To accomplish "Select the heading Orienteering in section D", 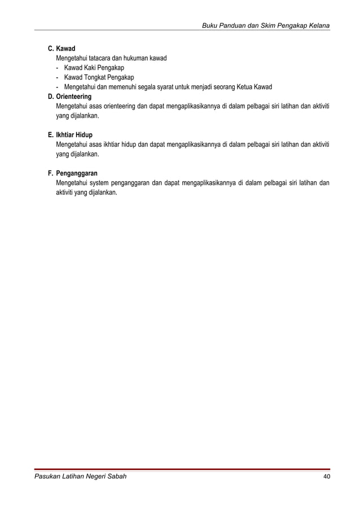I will click(74, 97).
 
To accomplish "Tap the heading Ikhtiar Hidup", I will click(74, 136).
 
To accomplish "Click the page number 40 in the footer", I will click(326, 477).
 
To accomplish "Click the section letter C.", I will click(50, 49).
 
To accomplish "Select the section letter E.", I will click(50, 136).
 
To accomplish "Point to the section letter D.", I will click(50, 97).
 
